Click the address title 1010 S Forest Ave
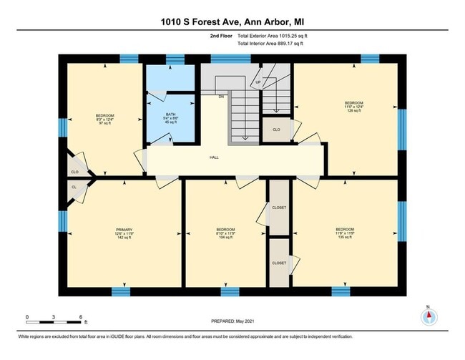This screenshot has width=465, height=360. coord(232,21)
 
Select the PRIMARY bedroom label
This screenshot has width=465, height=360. coord(105,230)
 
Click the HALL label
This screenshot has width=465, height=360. coord(214,157)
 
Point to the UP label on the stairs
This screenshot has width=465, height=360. coord(258,82)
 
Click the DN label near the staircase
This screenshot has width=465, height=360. coord(222,96)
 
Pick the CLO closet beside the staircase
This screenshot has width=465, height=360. coord(275,130)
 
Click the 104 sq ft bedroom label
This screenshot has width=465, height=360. coord(225,233)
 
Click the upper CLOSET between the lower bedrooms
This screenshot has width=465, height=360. coord(279,208)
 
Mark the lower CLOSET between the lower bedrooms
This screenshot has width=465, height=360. coord(279,263)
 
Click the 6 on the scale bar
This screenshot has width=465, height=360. coord(81,316)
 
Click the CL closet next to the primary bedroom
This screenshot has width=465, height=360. coord(74,187)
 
